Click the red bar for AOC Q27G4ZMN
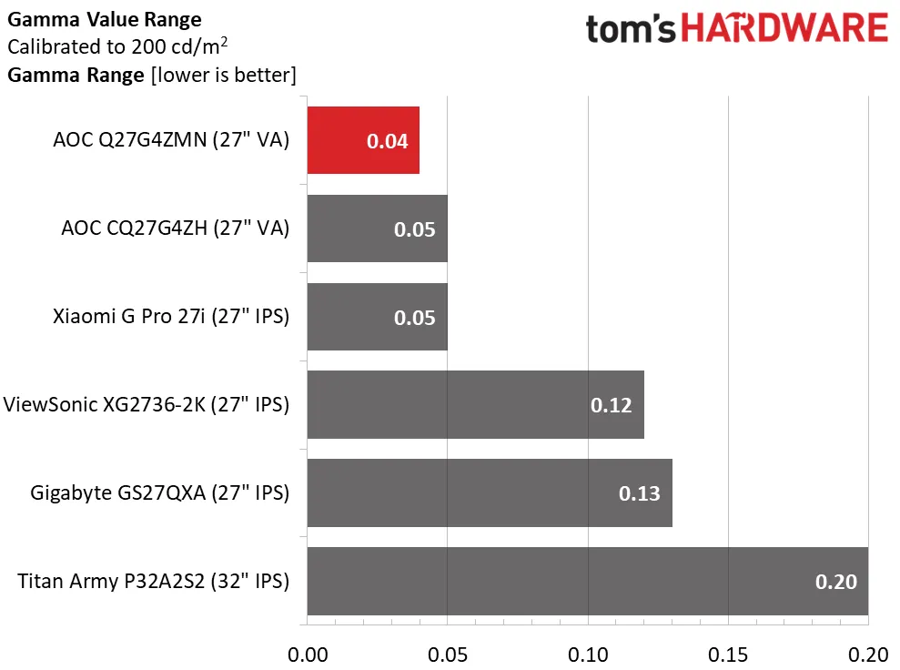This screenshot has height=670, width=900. pos(363,140)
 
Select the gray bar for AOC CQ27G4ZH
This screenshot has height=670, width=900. pos(377,228)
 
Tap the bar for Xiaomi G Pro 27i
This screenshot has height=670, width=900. pos(377,317)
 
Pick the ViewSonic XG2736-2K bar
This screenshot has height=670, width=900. pos(475,405)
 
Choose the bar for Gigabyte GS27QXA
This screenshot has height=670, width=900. pos(490,493)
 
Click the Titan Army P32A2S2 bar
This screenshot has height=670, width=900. pos(587,581)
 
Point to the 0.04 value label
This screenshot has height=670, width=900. pos(387,141)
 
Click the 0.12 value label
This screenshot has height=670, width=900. pos(612,405)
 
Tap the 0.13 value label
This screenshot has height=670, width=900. pos(639,493)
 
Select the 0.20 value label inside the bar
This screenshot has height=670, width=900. pos(835,582)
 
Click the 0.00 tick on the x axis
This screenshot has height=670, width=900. pos(308,654)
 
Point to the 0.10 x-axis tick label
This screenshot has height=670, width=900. pos(588,654)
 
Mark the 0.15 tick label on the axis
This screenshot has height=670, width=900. pos(728,654)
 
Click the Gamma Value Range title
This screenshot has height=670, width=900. pos(105,19)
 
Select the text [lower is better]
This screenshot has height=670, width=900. pos(222,75)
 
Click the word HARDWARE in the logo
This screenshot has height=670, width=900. pos(785,29)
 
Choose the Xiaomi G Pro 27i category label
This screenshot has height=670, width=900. pos(171,317)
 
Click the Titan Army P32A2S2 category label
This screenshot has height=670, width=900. pos(153,581)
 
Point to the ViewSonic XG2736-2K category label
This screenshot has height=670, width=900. pos(147,405)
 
